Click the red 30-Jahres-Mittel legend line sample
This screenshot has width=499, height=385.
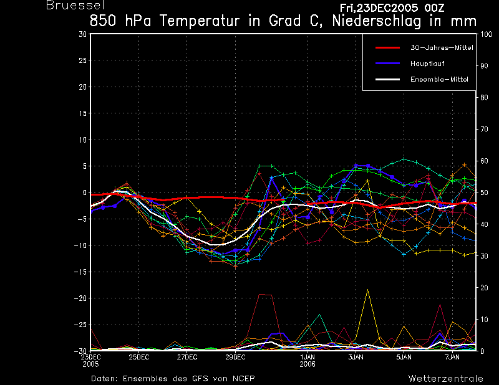[387, 48]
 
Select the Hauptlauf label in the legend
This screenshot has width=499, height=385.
[427, 64]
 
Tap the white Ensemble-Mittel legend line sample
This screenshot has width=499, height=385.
[387, 79]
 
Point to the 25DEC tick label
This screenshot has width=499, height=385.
[138, 357]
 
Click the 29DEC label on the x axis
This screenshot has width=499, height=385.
[236, 357]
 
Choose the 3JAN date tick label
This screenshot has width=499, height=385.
[356, 357]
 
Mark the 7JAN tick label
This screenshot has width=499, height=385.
[452, 357]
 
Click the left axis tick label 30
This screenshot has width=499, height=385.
[83, 34]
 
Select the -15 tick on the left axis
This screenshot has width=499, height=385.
[80, 272]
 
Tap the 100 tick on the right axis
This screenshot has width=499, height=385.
[486, 34]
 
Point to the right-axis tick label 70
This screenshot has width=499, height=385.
[484, 129]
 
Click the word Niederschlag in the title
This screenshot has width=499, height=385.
[377, 21]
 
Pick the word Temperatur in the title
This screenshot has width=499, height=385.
[199, 21]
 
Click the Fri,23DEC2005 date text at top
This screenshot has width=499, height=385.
[379, 7]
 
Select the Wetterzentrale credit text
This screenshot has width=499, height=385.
[445, 379]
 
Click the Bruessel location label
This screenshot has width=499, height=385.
[75, 5]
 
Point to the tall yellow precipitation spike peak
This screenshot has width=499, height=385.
[367, 289]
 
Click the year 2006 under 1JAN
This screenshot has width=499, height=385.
[308, 364]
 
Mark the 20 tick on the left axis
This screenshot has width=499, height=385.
[83, 87]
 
